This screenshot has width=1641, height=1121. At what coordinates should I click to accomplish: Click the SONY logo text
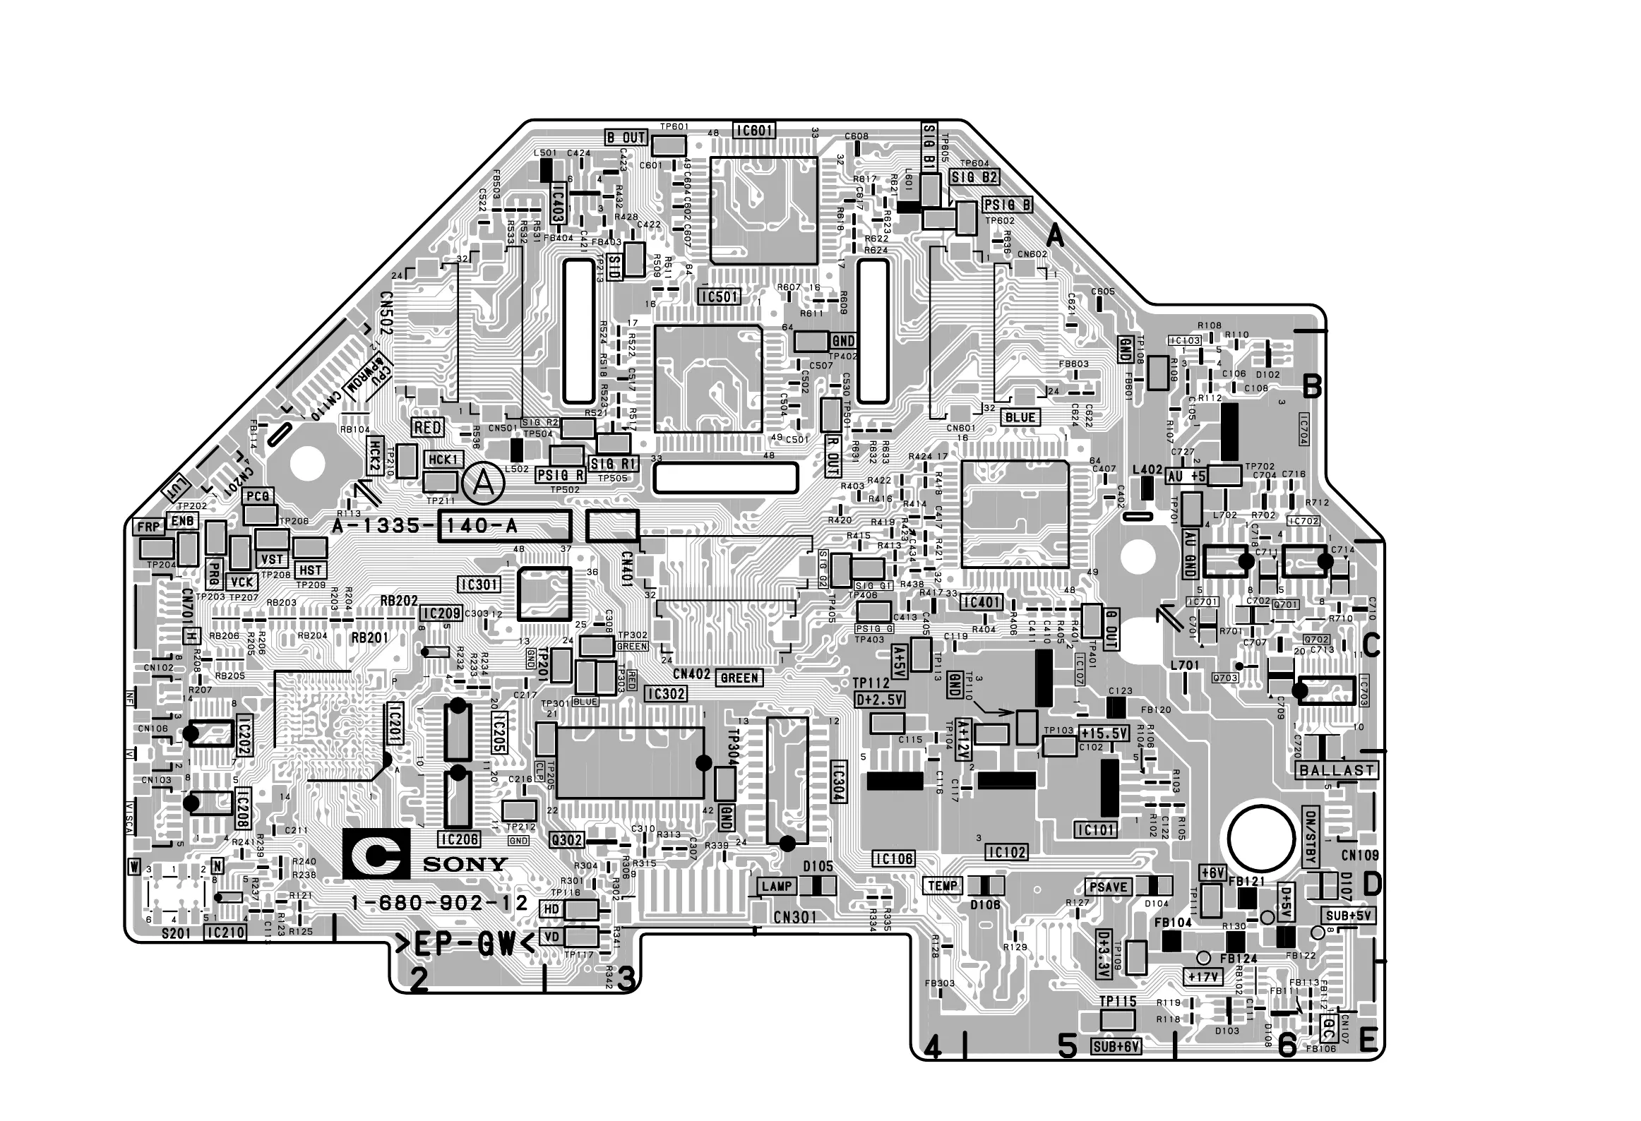coord(465,864)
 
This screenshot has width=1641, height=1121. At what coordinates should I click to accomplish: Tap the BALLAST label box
coord(1337,770)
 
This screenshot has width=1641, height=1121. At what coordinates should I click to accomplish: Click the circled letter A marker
coord(483,483)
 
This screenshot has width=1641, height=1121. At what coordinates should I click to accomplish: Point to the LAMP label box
coord(777,886)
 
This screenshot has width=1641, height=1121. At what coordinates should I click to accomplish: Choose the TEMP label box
coord(943,886)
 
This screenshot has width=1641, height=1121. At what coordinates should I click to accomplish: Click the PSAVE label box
coord(1108,887)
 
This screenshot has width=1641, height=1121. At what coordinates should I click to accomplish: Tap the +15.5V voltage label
coord(1104,733)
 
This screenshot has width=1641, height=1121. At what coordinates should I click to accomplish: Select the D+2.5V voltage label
coord(879,700)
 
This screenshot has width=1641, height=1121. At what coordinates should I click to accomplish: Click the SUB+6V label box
coord(1116,1046)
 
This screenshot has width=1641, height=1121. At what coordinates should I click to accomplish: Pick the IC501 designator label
coord(719,297)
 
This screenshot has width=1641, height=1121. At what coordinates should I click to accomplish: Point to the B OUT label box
coord(626,137)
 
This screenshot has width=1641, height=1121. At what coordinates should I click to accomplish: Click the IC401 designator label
coord(981,602)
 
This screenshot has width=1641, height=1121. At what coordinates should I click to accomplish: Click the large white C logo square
coord(376,854)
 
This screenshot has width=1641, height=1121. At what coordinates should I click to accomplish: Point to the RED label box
coord(428,428)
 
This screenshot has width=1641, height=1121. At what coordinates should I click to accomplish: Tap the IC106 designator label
coord(893,859)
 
